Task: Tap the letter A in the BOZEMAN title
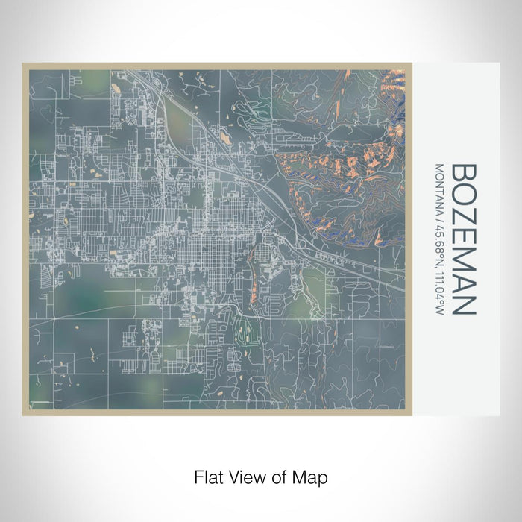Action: click(464, 280)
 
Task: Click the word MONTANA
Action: click(439, 186)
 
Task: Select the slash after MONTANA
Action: click(439, 218)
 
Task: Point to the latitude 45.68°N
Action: click(439, 242)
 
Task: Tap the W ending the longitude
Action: click(439, 308)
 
